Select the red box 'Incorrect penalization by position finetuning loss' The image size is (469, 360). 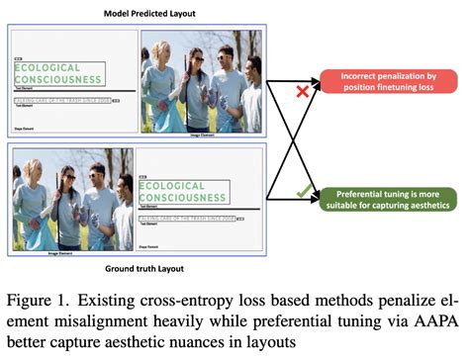point(388,80)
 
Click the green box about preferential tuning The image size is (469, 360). point(388,198)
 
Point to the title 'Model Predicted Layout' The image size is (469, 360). point(143,12)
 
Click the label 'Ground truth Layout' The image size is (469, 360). point(143,268)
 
